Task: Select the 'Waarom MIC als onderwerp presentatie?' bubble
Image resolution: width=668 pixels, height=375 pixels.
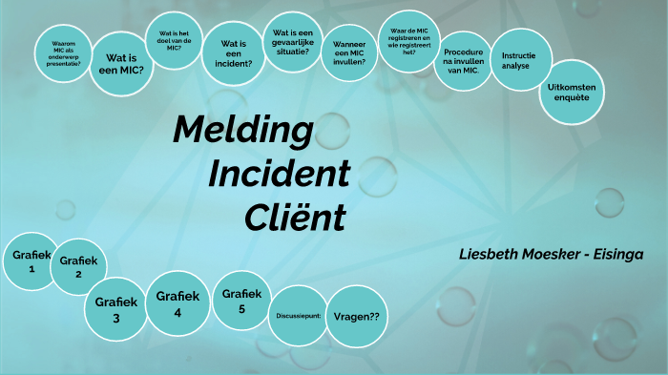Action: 64,57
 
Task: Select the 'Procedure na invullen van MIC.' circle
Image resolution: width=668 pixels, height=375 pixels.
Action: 465,61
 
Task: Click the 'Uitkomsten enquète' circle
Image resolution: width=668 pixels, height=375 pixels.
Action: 570,93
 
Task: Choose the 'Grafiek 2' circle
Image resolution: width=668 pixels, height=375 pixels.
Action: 77,266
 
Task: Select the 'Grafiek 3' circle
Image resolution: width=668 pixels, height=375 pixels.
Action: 116,309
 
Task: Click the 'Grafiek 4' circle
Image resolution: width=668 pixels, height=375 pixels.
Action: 177,302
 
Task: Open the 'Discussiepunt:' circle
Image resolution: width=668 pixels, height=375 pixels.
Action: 297,315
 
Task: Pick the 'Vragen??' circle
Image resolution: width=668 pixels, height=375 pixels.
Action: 358,316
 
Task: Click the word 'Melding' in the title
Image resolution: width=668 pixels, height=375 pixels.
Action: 243,130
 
